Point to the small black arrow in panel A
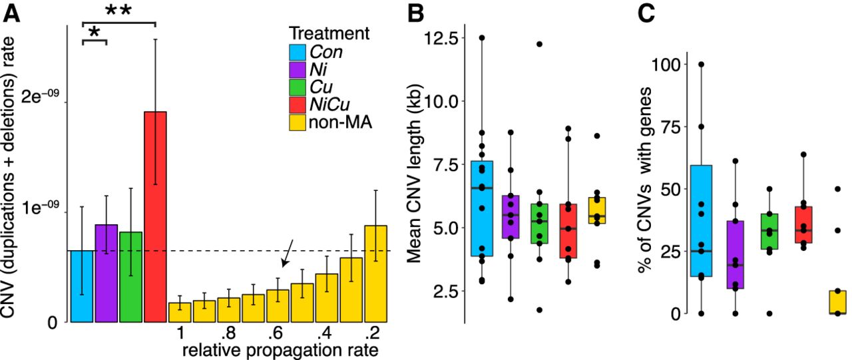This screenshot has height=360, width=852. click(287, 255)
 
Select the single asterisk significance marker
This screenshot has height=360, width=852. click(95, 32)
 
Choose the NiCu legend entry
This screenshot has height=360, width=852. click(331, 104)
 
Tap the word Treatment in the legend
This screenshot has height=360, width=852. click(329, 33)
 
